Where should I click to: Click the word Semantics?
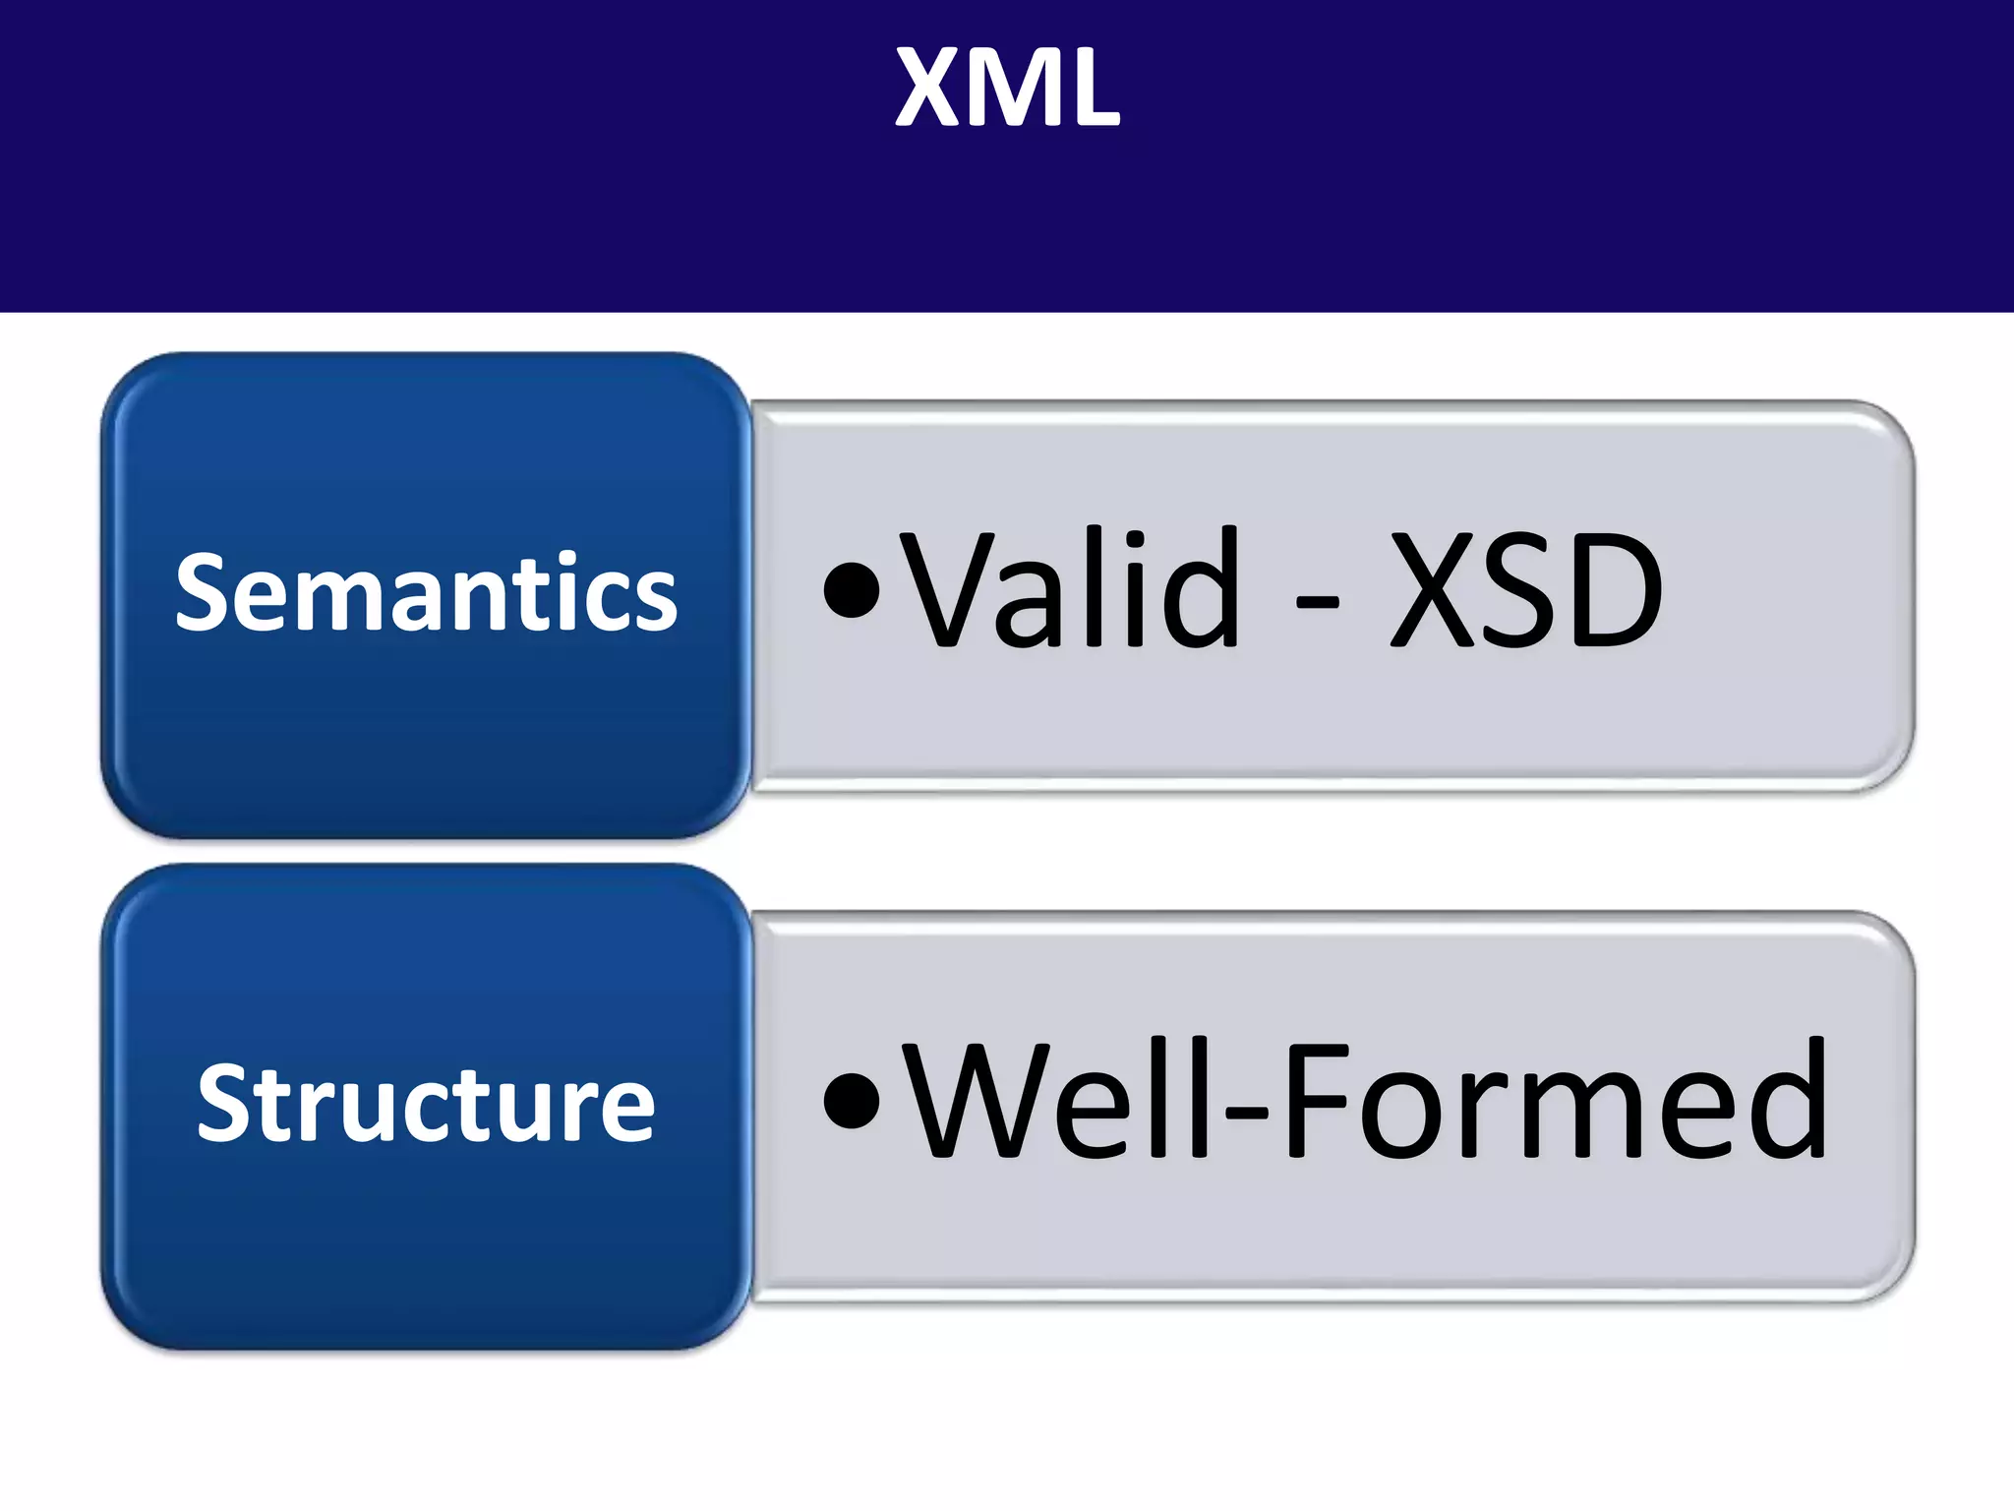click(426, 592)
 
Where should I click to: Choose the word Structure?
click(426, 1104)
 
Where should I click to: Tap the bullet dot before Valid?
click(852, 590)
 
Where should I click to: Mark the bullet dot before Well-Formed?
click(852, 1102)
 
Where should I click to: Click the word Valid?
click(1072, 590)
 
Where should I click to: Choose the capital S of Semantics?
click(204, 592)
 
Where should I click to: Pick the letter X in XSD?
click(1430, 590)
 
